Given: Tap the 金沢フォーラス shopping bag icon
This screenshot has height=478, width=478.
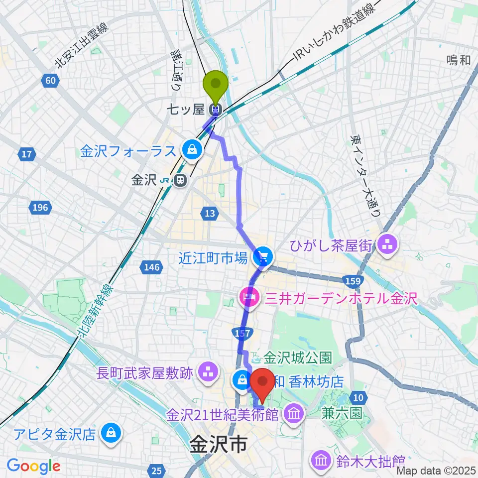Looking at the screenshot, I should point(191,148).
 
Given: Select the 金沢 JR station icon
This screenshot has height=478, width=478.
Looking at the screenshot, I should point(181,181).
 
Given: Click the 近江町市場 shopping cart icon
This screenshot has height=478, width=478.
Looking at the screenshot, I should point(262,257).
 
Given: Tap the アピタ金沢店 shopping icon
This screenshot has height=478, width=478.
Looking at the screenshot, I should point(110,433).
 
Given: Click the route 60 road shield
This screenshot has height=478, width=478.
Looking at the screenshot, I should point(51,80).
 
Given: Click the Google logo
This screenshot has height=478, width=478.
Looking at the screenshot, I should point(33,466).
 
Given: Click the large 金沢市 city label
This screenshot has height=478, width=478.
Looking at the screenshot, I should point(218,445).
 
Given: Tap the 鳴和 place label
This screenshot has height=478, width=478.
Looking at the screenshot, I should point(458,60).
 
